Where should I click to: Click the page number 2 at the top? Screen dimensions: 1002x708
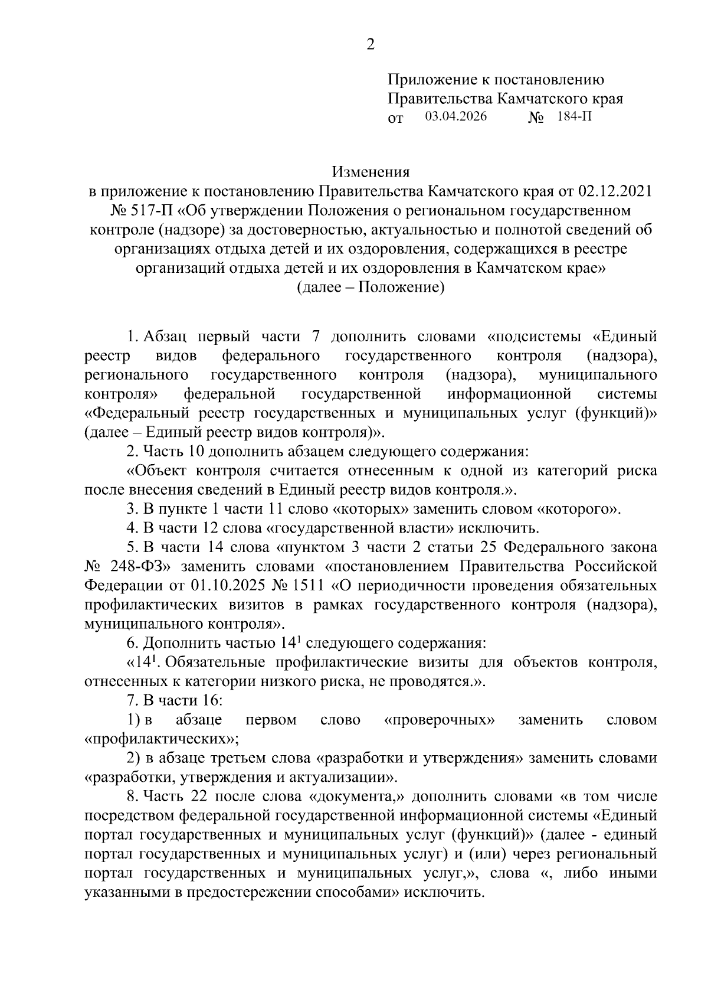point(371,44)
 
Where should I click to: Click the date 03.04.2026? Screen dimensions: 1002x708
point(456,116)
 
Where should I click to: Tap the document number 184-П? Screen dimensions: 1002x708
point(573,116)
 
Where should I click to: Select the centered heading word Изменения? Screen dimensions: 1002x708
point(371,172)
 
